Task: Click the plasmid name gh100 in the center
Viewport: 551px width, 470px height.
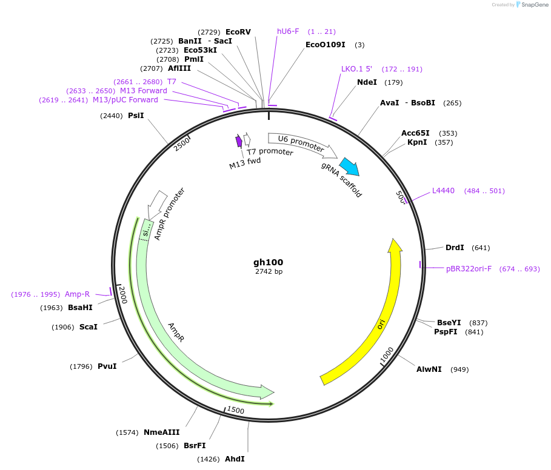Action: [x=268, y=262]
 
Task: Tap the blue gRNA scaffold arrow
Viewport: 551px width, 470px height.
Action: [x=349, y=167]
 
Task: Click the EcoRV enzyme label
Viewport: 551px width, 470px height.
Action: [x=238, y=31]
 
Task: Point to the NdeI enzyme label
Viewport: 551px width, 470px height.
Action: [x=367, y=82]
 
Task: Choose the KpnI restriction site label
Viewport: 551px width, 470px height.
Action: [x=417, y=142]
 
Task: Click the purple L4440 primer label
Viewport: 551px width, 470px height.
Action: [x=443, y=191]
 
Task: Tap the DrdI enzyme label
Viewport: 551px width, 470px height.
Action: [x=455, y=247]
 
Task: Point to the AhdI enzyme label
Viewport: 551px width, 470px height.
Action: [x=235, y=458]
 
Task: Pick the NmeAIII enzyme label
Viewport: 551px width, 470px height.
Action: [x=161, y=432]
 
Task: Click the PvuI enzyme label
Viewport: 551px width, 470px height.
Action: [x=107, y=366]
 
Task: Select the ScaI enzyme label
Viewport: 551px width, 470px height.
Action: [x=88, y=326]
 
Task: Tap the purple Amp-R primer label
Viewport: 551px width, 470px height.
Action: [x=77, y=294]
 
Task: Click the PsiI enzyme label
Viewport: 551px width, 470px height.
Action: [x=136, y=115]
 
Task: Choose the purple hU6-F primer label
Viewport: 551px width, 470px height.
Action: [x=288, y=31]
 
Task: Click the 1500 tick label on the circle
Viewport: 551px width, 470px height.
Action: [x=236, y=411]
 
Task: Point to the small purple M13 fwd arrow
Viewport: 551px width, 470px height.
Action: [x=239, y=141]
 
